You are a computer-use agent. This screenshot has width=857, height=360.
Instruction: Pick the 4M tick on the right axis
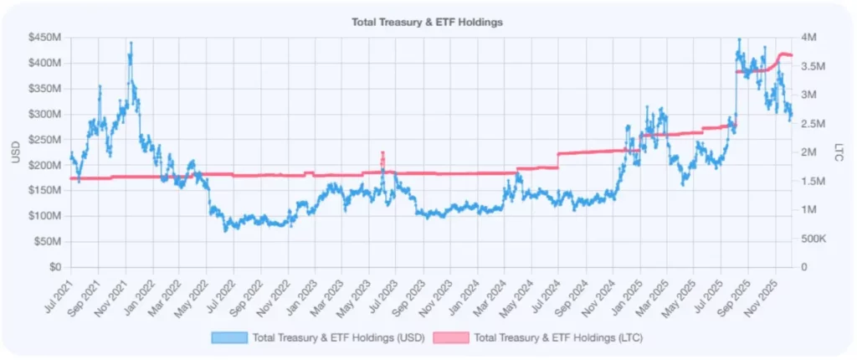[809, 38]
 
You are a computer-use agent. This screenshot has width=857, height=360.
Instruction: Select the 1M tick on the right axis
[809, 210]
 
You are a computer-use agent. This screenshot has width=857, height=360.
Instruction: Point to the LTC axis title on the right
[839, 152]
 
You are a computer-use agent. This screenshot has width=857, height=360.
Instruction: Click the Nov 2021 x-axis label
[114, 289]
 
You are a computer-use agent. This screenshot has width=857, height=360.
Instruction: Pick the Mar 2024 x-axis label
[493, 289]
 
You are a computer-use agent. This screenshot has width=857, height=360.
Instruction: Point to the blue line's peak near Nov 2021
[130, 43]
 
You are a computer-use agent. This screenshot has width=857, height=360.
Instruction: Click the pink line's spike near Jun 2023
[382, 153]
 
